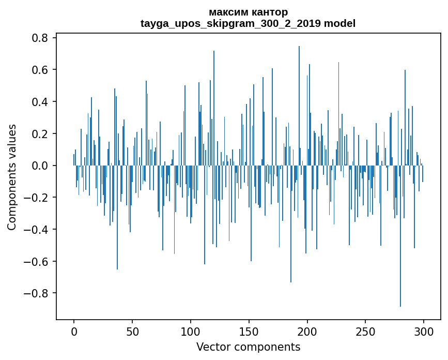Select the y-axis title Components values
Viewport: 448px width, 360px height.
[x=12, y=177]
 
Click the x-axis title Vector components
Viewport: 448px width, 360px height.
[x=248, y=347]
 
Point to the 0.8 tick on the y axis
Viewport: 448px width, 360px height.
[x=40, y=38]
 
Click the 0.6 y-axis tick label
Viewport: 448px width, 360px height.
[x=40, y=70]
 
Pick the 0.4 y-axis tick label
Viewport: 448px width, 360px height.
[x=40, y=102]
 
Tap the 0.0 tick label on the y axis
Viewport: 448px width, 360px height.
[x=40, y=166]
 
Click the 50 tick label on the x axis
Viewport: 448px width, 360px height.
[x=132, y=331]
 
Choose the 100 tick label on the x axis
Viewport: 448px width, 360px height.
[x=191, y=331]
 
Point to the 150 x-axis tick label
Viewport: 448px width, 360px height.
[x=249, y=331]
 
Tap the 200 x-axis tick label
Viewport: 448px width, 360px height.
[x=307, y=331]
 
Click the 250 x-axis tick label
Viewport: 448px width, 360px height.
[x=366, y=331]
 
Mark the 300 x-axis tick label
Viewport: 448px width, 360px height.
[x=424, y=331]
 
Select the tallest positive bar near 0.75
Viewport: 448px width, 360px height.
[x=299, y=103]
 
